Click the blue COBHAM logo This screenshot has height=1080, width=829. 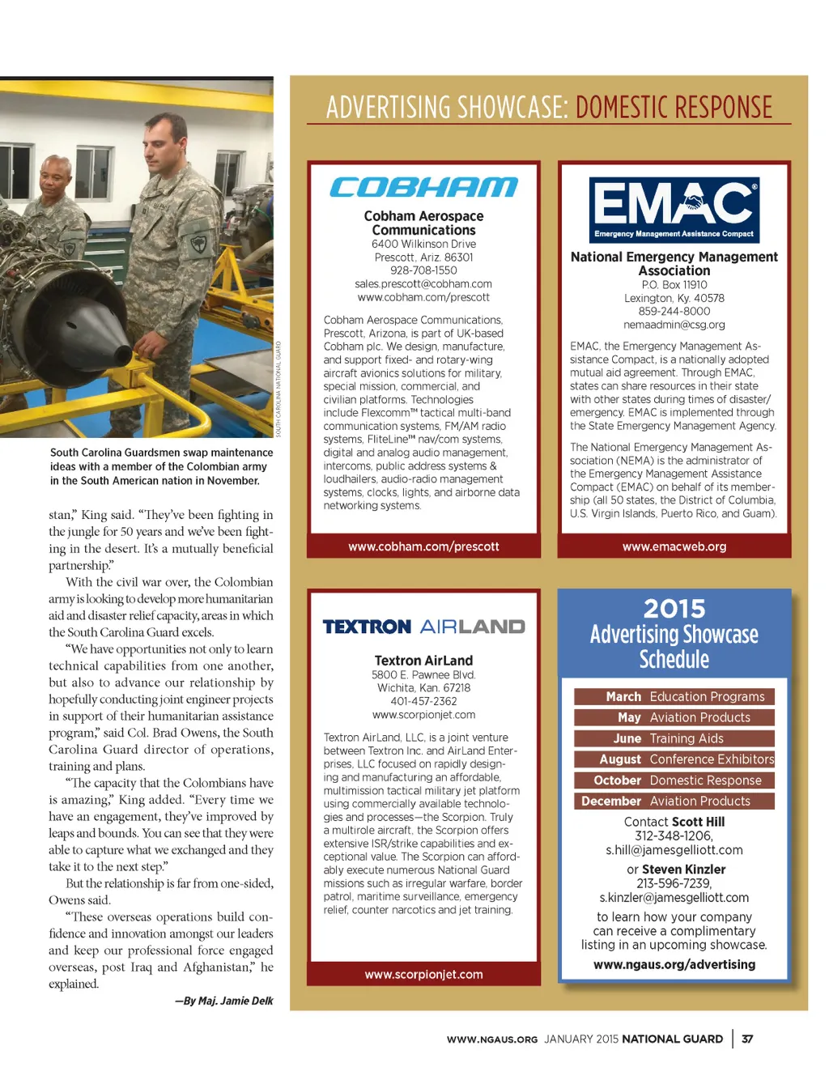[x=423, y=188]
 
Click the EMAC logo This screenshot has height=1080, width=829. [x=674, y=210]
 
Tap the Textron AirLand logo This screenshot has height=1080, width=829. [x=423, y=627]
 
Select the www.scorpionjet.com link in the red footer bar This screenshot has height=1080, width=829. [x=423, y=975]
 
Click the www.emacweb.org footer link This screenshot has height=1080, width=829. [x=674, y=546]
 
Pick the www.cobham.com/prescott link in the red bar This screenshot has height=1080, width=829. [x=423, y=546]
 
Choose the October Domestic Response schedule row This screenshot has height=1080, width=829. [x=674, y=780]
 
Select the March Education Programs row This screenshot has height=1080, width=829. [x=674, y=696]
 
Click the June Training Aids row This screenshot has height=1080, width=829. [x=674, y=738]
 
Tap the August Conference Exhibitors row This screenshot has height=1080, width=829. [x=674, y=759]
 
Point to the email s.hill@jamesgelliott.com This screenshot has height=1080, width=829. [x=674, y=850]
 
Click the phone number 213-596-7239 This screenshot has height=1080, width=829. [x=674, y=883]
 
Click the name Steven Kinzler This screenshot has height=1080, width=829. [x=683, y=870]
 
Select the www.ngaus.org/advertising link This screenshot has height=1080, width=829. [x=674, y=964]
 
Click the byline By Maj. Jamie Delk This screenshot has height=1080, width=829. [x=224, y=1001]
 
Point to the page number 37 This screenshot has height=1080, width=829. [x=747, y=1039]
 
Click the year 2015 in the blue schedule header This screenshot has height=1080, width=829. [x=674, y=609]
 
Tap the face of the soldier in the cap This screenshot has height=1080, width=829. [x=167, y=135]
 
